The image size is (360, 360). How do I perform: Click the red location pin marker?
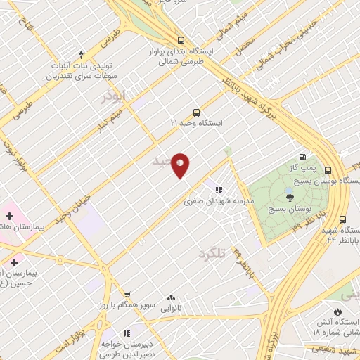[x=181, y=165]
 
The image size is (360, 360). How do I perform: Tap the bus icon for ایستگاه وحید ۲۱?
[x=196, y=112]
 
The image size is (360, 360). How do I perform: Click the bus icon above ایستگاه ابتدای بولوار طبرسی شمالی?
[x=181, y=40]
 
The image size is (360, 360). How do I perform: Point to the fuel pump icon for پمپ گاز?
[x=302, y=157]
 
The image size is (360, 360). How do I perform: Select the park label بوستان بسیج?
[x=289, y=210]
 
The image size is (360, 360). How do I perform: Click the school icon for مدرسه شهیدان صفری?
[x=219, y=189]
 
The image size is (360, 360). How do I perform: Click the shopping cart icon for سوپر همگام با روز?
[x=127, y=295]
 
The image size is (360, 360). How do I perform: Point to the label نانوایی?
[x=171, y=308]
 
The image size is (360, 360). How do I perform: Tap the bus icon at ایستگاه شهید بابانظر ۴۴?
[x=342, y=219]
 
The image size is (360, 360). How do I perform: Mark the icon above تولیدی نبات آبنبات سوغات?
[x=82, y=54]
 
